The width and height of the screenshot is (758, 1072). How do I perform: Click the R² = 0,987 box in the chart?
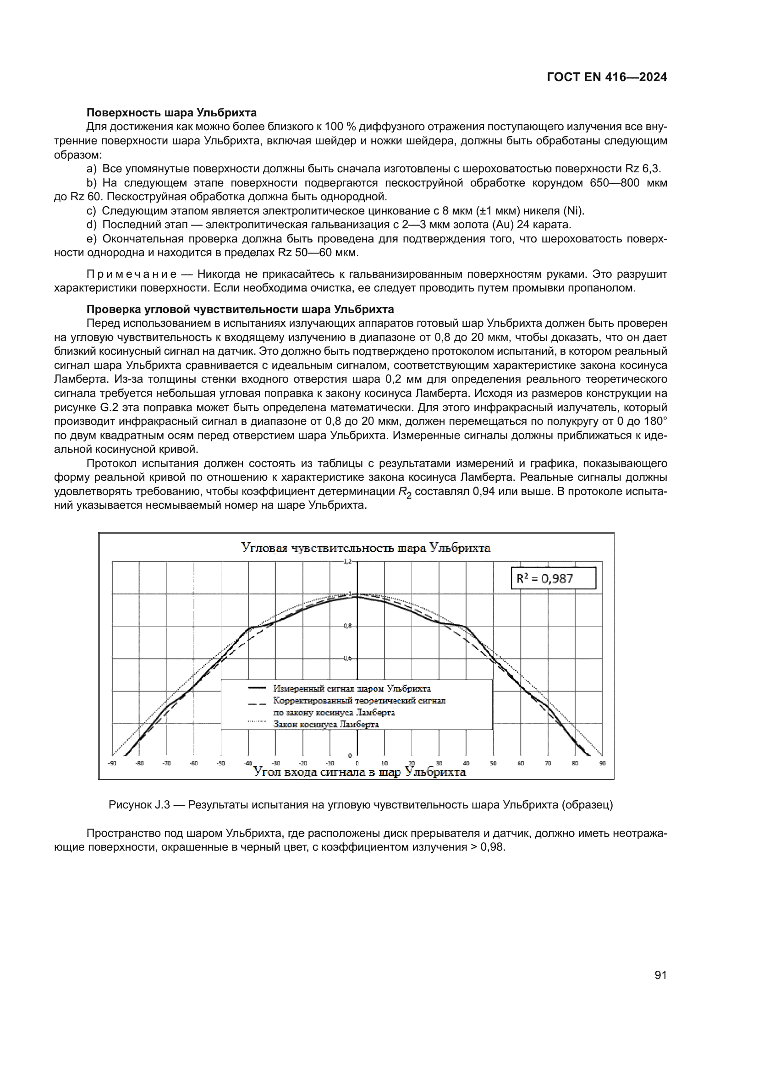click(553, 578)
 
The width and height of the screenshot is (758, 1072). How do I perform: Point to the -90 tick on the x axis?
click(112, 764)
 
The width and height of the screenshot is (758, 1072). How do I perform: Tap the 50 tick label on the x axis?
click(493, 764)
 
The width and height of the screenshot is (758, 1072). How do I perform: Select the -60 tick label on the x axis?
click(194, 764)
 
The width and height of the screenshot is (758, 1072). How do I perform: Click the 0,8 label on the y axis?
click(348, 626)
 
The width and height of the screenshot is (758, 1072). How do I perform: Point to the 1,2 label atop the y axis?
click(347, 561)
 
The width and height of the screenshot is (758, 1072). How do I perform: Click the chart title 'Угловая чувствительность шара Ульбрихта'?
click(365, 548)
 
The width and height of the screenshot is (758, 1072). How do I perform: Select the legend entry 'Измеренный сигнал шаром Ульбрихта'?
click(352, 689)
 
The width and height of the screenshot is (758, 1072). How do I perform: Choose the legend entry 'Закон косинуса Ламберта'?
click(326, 725)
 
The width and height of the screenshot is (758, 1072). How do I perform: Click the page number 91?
click(660, 975)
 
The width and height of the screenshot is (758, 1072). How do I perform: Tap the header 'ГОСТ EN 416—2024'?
click(607, 77)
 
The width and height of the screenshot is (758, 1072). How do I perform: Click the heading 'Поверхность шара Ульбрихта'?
click(171, 113)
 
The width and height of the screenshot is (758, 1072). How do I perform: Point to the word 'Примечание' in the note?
click(132, 274)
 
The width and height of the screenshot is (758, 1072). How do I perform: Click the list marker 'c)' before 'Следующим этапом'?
click(91, 211)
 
